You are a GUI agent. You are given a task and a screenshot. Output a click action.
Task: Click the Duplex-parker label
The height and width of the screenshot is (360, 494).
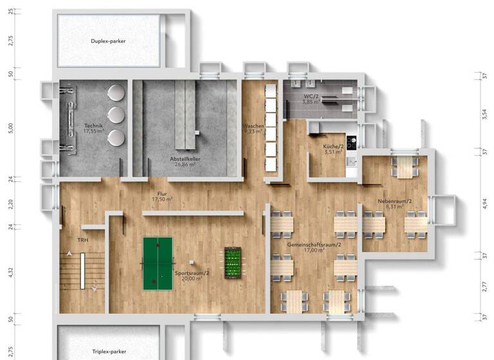[108, 40]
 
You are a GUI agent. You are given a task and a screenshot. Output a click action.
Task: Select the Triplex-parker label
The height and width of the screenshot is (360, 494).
[108, 352]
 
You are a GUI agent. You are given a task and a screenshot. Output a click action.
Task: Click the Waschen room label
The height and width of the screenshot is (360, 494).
[253, 129]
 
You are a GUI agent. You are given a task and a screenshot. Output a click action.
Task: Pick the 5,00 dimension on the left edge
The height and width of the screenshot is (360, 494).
[10, 128]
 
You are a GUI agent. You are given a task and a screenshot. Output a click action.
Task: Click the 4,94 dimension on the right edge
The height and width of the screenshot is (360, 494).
[484, 203]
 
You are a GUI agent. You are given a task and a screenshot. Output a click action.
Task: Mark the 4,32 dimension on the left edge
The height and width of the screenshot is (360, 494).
[10, 272]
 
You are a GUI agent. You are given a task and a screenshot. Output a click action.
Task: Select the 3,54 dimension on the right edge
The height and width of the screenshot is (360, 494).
[484, 113]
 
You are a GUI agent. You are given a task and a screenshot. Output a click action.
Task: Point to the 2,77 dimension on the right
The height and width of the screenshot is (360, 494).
[484, 286]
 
